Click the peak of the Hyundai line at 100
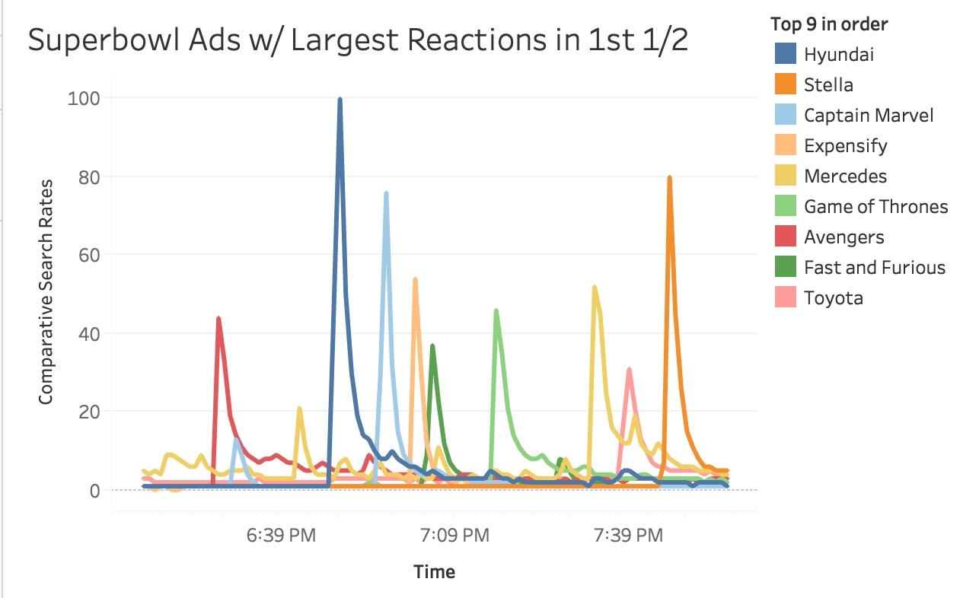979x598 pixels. (x=340, y=99)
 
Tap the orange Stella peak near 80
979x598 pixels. (x=669, y=178)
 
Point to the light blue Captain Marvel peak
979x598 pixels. (x=386, y=193)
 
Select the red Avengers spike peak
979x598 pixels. (x=218, y=319)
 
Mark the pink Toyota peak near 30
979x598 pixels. (x=629, y=370)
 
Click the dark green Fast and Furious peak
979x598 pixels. (x=432, y=346)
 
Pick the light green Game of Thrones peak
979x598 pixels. (x=496, y=310)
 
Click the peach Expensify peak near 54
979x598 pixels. (x=415, y=279)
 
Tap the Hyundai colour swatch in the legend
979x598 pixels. (x=783, y=54)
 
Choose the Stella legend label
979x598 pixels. (x=828, y=84)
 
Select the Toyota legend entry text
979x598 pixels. (x=833, y=297)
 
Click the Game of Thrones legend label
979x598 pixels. (x=875, y=206)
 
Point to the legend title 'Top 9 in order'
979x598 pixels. (x=828, y=24)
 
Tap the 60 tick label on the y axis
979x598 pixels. (x=88, y=255)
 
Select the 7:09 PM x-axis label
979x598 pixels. (x=454, y=536)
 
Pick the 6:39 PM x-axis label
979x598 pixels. (x=281, y=536)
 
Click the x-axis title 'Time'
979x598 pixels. (x=434, y=571)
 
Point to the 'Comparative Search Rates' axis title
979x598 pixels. (x=46, y=292)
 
